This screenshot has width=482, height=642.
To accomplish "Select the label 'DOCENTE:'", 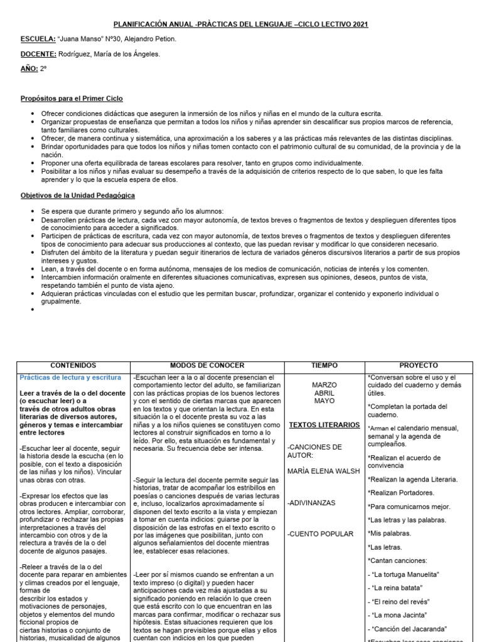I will coord(38,54).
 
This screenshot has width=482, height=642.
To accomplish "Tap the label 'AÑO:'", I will coord(29,68).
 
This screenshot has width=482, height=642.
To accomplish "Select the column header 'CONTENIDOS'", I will coord(73,366).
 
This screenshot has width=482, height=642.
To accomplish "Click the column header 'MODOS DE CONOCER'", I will coord(207,366).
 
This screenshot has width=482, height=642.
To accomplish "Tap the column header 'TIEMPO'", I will coord(324,366).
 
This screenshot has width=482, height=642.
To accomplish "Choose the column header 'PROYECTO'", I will coord(419,366).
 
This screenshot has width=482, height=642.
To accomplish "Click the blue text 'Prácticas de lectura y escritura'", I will coord(70,377).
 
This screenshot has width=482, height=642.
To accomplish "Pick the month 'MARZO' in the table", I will coord(324,385).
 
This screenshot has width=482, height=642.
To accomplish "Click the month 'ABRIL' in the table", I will coord(324,393).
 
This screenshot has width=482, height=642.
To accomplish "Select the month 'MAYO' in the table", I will coord(324,401).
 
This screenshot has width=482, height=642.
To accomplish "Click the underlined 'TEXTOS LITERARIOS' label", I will coord(324,425).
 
